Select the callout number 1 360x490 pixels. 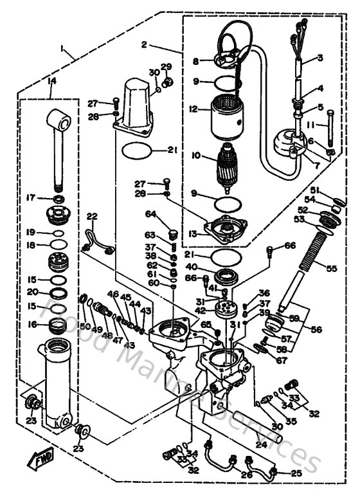[x=62, y=48]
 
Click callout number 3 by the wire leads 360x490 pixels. [x=319, y=58]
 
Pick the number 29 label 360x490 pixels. [x=166, y=66]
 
